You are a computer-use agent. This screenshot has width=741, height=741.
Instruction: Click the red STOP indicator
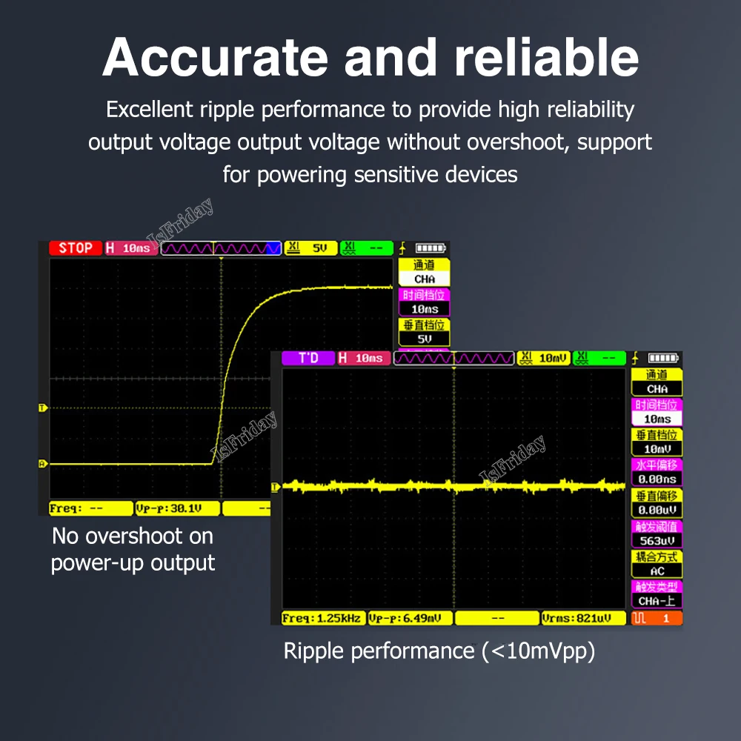coord(76,248)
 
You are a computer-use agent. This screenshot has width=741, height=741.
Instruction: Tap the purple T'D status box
coord(308,359)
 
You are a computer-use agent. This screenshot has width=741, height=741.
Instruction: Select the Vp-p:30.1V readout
coord(178,508)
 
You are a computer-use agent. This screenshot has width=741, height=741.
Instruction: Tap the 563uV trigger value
coord(657,541)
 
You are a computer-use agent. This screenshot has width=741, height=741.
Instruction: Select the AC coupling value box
coord(657,571)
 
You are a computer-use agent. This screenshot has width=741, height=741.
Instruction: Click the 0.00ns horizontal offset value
coord(657,480)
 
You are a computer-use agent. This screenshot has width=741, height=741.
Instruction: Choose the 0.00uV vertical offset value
coord(657,511)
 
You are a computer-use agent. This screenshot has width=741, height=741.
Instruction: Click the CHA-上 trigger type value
coord(657,602)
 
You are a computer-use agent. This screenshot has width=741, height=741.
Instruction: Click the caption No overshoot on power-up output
coord(133,549)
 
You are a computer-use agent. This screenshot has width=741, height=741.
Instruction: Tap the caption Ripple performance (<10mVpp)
coord(439,651)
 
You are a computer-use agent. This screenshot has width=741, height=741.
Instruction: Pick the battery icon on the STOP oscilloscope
coord(431,248)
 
